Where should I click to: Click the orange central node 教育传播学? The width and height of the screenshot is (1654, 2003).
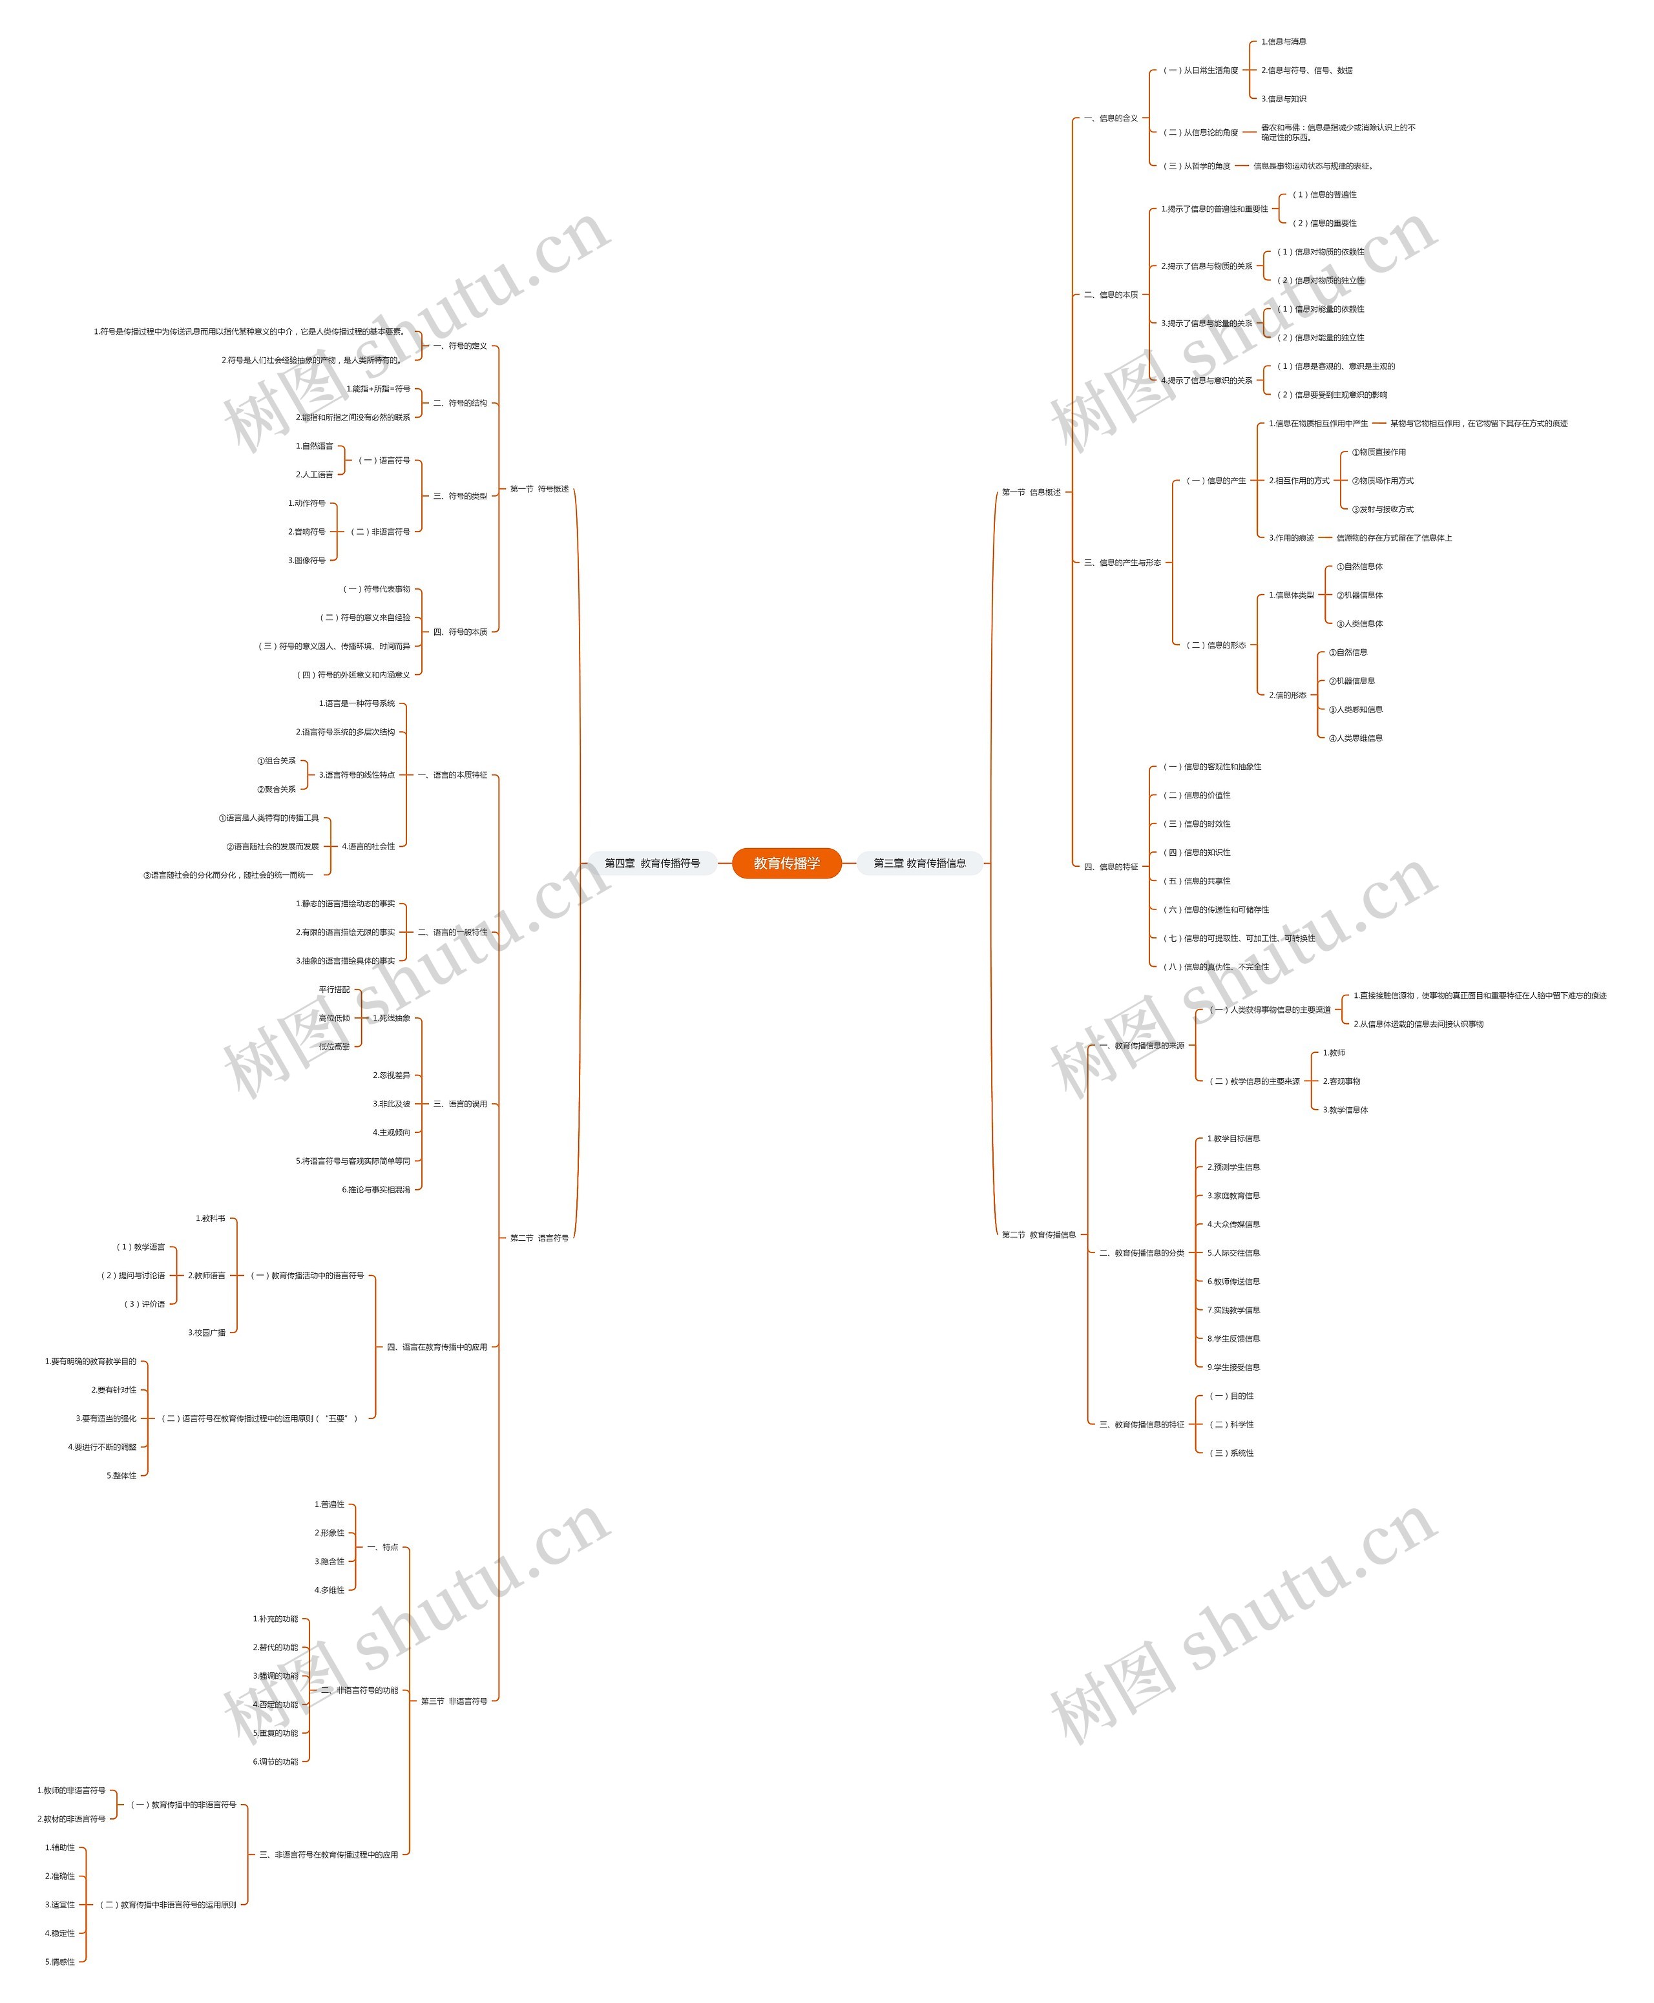tap(786, 863)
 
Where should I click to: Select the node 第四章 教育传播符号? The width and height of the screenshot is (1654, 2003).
tap(652, 863)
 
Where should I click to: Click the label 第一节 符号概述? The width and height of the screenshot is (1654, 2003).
tap(539, 488)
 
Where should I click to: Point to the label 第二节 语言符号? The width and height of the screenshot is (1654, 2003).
tap(539, 1237)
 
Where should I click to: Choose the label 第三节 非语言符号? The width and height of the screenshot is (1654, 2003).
tap(454, 1700)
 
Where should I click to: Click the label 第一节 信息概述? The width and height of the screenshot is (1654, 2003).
tap(1031, 492)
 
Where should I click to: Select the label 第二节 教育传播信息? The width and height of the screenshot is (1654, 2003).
tap(1038, 1234)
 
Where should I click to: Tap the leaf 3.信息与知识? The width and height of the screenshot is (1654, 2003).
tap(1283, 99)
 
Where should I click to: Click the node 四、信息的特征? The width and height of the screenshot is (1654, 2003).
tap(1111, 867)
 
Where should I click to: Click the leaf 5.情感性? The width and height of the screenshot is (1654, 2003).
tap(60, 1961)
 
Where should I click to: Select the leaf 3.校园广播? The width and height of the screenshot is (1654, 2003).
tap(207, 1333)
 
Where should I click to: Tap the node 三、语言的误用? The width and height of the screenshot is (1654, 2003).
tap(460, 1104)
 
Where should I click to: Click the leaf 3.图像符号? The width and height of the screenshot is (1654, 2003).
tap(307, 560)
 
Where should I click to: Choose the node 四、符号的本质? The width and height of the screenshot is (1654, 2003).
tap(460, 632)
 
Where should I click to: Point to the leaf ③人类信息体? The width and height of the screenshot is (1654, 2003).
tap(1359, 624)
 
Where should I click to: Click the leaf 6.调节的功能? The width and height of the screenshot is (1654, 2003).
tap(275, 1761)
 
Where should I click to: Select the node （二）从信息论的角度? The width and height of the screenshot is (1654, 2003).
tap(1200, 132)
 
